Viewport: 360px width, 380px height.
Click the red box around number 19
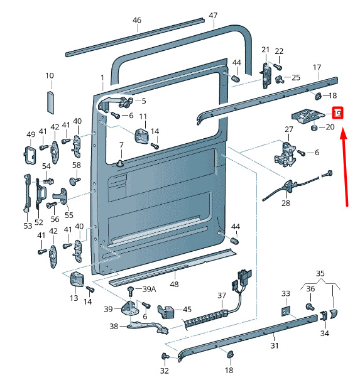[x=338, y=113]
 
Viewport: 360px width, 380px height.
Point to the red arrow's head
[x=343, y=134]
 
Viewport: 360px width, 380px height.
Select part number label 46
[x=137, y=20]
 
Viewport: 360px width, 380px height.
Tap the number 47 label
[x=213, y=16]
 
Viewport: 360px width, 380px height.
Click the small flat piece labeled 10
[x=50, y=102]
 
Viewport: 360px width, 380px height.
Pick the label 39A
[x=149, y=289]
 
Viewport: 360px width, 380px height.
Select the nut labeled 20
[x=314, y=128]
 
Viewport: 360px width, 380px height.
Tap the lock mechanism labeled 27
[x=285, y=155]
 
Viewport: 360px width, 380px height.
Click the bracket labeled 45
[x=166, y=312]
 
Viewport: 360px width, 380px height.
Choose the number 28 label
[x=286, y=203]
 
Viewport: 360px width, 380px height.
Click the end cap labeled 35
[x=334, y=313]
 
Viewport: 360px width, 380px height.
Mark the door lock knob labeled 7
[x=120, y=163]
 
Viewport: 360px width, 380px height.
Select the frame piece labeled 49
[x=30, y=155]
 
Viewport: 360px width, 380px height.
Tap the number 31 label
[x=275, y=345]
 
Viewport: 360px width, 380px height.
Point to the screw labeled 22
[x=277, y=66]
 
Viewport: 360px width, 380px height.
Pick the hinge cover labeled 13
[x=77, y=280]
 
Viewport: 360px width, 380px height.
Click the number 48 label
[x=174, y=284]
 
